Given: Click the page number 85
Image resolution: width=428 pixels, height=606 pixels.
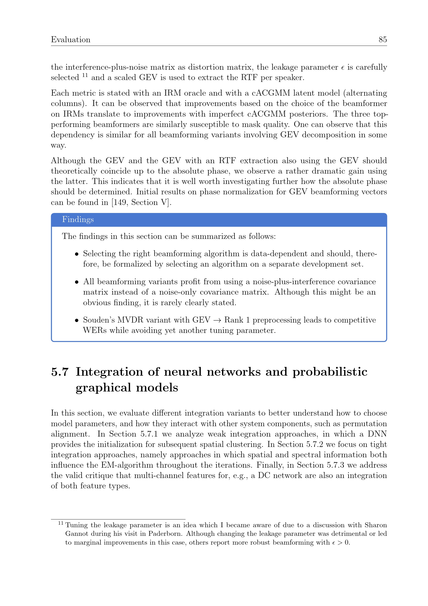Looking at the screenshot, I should (383, 40).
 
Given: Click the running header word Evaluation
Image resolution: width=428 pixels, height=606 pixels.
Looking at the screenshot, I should (71, 40).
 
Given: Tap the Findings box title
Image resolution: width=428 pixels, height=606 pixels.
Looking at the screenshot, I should (78, 219).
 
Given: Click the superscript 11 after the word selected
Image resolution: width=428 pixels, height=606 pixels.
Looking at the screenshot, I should (85, 75).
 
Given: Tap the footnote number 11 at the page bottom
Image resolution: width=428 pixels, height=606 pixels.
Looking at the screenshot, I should (61, 523).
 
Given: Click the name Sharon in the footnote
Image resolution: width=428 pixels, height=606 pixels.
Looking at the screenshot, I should (375, 525).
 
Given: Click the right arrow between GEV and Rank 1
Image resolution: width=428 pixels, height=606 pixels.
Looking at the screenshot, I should (217, 320).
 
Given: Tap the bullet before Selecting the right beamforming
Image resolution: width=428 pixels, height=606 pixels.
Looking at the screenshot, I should (77, 254).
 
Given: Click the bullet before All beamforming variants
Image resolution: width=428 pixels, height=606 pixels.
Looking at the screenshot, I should (77, 282).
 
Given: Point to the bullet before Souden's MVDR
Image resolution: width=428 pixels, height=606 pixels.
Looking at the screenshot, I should (77, 320).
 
